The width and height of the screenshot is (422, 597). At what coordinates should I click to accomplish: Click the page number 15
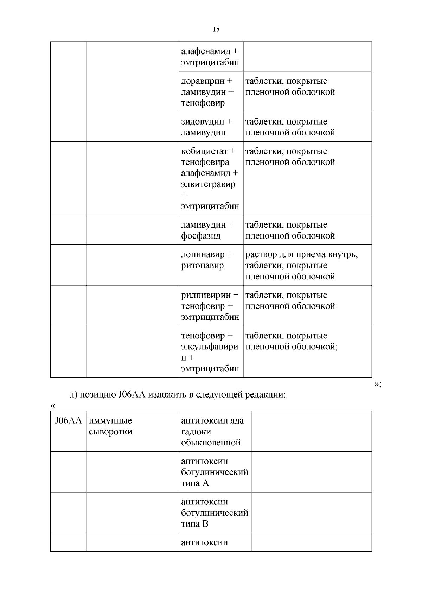216,29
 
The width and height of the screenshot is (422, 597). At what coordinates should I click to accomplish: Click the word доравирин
202,81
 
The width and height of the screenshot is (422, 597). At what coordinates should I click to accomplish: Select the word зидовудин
202,122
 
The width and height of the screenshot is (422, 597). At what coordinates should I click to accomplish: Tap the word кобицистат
204,151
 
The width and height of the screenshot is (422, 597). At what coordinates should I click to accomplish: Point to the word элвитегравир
208,184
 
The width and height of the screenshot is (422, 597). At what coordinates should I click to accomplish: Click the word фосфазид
201,236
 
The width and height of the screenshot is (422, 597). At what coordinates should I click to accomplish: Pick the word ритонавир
202,266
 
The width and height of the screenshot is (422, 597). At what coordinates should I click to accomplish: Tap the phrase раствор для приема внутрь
301,254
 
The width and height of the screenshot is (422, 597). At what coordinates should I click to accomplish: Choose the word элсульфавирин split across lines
209,347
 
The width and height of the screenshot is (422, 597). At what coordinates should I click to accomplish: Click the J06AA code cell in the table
68,421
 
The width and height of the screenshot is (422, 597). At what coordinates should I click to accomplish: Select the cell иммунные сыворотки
110,426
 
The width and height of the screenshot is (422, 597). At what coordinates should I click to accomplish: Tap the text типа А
195,483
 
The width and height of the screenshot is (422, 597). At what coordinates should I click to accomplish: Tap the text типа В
195,524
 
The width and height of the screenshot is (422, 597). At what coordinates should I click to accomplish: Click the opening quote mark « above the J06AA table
53,406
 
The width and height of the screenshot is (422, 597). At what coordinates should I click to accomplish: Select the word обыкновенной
211,443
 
